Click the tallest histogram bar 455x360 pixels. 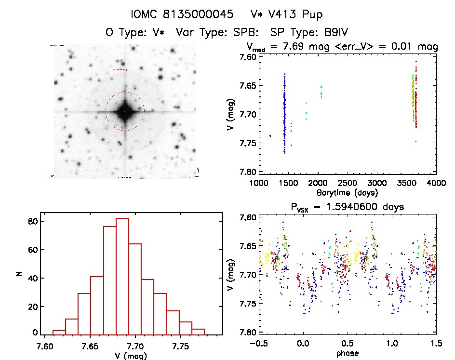(x=122, y=276)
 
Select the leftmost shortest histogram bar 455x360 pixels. (x=59, y=332)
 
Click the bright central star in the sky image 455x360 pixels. (x=125, y=111)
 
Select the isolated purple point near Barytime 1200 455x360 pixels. (x=270, y=136)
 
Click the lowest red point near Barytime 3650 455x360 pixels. (x=415, y=141)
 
